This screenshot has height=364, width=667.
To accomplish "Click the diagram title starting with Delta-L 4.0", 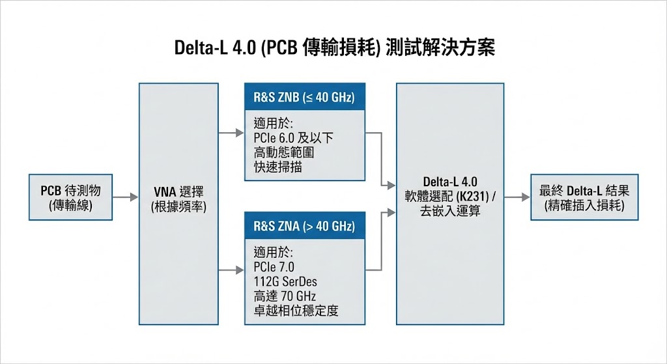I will point(334,49).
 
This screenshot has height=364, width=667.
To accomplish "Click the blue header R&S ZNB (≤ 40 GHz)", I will point(304,98).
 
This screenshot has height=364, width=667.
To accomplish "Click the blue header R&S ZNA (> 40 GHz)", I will point(304,227).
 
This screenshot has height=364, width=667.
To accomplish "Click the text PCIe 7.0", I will point(274,266).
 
